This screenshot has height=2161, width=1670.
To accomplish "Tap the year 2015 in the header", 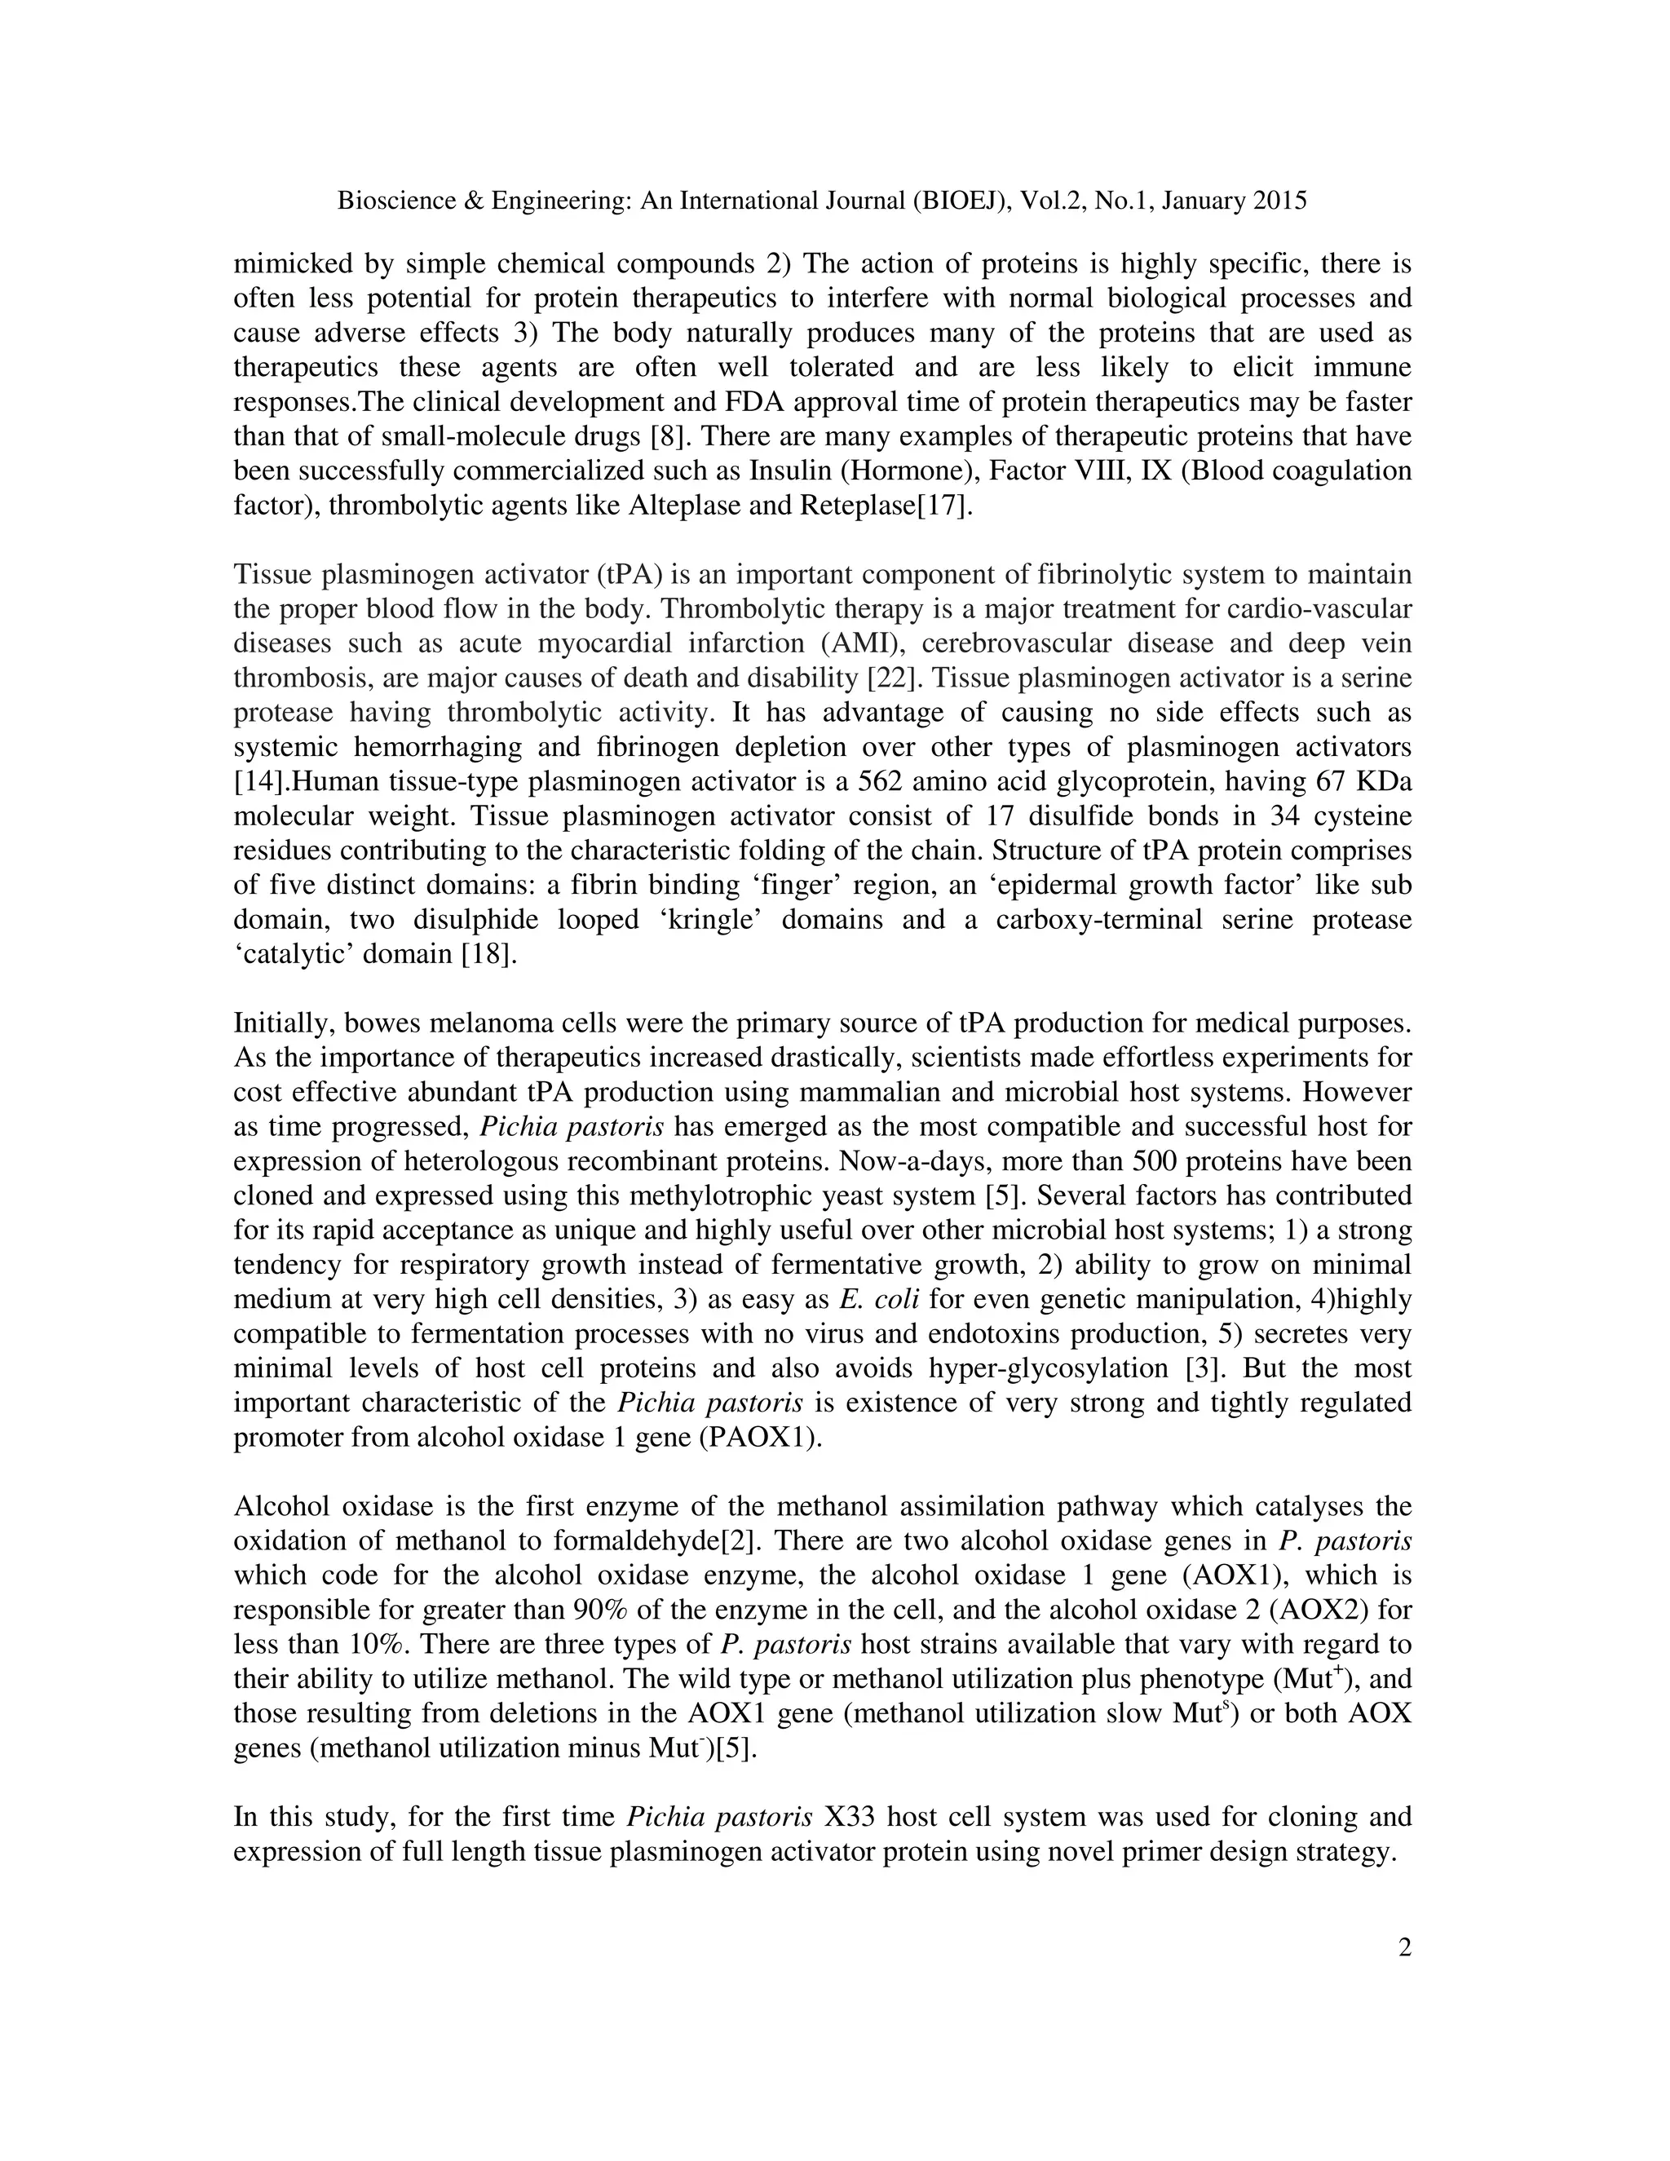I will coord(1280,201).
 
